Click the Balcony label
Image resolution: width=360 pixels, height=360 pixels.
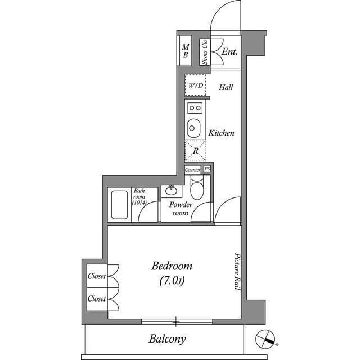[x=167, y=339]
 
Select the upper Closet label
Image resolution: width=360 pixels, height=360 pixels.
[x=97, y=276]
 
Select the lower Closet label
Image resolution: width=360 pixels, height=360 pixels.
[x=97, y=299]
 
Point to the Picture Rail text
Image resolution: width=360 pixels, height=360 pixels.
[x=237, y=271]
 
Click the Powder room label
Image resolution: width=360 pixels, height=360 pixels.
[x=181, y=209]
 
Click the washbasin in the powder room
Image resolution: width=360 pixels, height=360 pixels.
[x=172, y=190]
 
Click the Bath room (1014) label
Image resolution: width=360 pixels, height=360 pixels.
[x=139, y=197]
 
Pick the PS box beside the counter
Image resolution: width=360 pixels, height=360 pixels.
[x=207, y=169]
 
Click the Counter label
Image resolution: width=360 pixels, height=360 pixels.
[x=193, y=169]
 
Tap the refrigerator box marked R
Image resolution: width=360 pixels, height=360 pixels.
[x=195, y=151]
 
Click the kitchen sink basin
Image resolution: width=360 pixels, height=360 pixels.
[x=193, y=127]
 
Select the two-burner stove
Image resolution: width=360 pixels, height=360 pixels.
[x=195, y=107]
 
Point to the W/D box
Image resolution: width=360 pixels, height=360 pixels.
[x=196, y=86]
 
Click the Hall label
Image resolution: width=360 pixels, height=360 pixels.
[x=226, y=87]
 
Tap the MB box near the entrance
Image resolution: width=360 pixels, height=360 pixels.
[x=185, y=51]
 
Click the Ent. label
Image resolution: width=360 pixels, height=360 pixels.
[x=229, y=52]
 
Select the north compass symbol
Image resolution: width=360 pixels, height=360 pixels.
[x=265, y=339]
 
